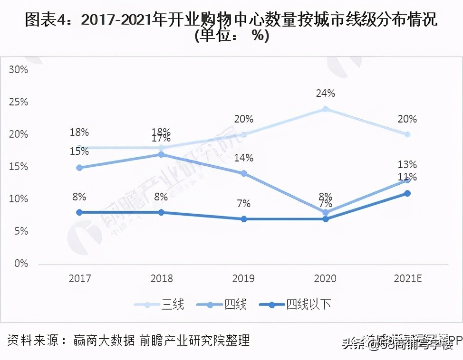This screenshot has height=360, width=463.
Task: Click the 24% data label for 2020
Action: click(325, 94)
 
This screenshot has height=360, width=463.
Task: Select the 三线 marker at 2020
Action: click(325, 109)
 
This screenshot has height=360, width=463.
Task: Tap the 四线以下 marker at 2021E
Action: click(407, 193)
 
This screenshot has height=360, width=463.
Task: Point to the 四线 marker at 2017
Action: click(79, 168)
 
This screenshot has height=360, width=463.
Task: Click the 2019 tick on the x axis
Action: click(243, 278)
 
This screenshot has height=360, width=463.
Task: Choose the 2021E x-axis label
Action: click(407, 278)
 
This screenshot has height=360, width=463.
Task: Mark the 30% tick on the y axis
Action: click(19, 70)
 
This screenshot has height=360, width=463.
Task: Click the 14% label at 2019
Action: click(243, 158)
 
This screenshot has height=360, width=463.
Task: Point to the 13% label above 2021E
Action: click(407, 165)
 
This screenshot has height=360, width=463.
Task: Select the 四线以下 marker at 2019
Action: click(243, 219)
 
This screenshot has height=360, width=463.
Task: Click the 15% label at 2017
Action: click(79, 152)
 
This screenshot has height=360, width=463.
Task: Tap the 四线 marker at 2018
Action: click(161, 154)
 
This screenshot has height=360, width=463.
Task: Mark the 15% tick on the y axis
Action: click(19, 167)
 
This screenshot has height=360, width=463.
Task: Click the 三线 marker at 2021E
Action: click(407, 134)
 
